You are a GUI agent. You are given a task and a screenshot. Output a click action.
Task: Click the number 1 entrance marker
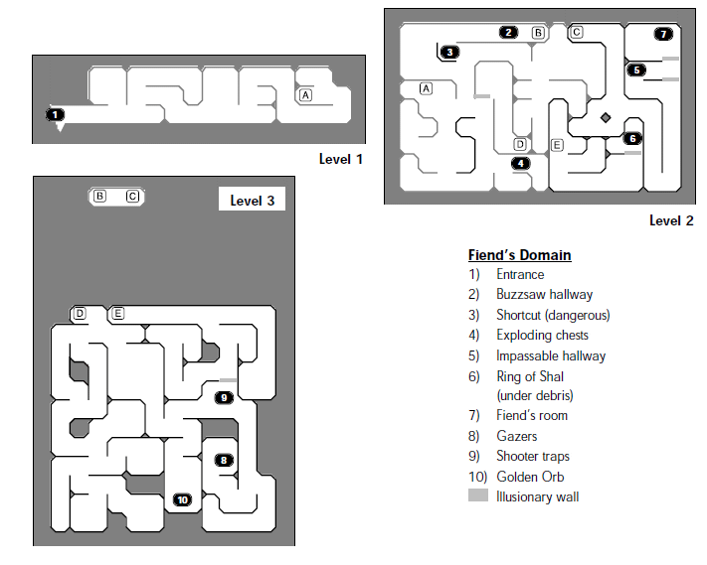click(x=55, y=115)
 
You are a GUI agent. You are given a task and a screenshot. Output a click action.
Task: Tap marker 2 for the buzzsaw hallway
click(x=508, y=33)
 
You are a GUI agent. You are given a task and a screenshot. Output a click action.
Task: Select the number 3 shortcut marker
click(x=449, y=53)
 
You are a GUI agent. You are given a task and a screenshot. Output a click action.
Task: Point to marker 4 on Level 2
click(x=521, y=163)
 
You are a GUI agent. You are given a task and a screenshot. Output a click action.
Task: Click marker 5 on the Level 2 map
click(x=636, y=71)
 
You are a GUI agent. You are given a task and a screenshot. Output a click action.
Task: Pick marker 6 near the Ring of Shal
click(x=632, y=139)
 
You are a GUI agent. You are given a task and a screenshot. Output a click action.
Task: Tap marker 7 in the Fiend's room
click(x=663, y=34)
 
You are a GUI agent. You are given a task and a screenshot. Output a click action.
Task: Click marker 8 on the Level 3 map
click(x=224, y=460)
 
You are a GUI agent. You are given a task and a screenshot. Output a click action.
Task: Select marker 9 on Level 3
click(x=224, y=397)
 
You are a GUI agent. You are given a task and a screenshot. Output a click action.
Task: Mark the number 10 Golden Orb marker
click(x=182, y=499)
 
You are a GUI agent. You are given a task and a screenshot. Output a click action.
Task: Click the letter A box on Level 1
click(x=305, y=95)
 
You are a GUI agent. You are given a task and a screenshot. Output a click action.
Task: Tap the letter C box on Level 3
click(x=132, y=197)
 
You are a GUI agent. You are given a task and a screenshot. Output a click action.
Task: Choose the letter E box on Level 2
click(x=557, y=145)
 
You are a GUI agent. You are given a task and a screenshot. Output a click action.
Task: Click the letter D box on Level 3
click(x=80, y=314)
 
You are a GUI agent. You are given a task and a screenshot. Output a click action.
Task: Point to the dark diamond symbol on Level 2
click(x=606, y=117)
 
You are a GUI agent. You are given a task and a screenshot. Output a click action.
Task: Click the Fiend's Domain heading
click(x=519, y=255)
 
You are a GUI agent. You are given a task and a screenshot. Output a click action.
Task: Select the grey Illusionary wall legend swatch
click(x=478, y=495)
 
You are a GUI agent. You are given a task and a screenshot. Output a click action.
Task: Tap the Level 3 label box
click(x=252, y=199)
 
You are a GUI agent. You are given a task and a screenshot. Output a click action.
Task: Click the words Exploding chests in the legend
click(x=542, y=335)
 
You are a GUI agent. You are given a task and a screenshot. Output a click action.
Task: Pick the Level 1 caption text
click(x=340, y=159)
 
